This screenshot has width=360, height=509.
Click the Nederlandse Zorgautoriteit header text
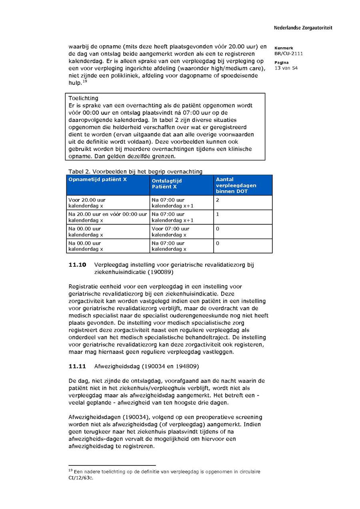[303, 28]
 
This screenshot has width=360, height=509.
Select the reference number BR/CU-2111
[288, 54]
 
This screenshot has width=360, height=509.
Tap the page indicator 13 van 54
[286, 68]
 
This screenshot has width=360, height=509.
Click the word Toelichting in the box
[83, 98]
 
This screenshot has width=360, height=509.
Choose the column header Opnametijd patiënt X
[98, 180]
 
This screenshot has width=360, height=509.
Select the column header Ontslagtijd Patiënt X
[167, 184]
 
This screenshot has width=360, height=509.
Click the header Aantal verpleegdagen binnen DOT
[236, 186]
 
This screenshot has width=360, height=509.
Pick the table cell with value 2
[218, 200]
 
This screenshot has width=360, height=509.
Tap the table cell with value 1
[218, 214]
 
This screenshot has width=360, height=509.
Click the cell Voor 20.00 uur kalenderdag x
[87, 203]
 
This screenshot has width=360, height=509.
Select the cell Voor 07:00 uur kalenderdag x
[170, 232]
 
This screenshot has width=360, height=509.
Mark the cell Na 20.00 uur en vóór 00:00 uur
[108, 214]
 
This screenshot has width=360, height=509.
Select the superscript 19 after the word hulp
[85, 82]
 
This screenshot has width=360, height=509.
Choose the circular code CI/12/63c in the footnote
[81, 478]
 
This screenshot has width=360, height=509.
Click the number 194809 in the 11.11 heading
[186, 366]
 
